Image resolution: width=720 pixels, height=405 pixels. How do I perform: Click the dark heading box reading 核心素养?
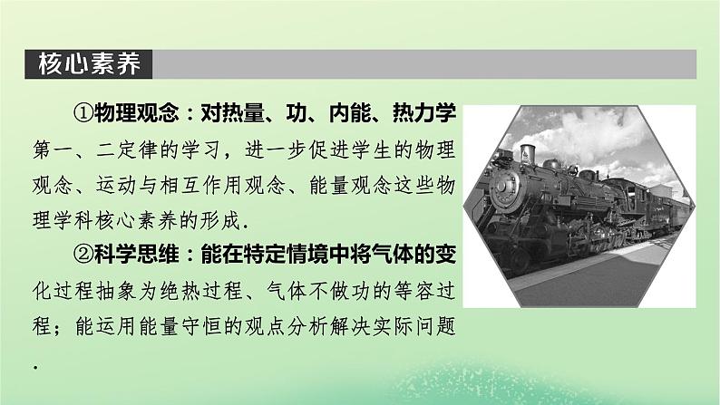coord(89,64)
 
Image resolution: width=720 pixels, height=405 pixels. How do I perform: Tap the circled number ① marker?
coord(83,113)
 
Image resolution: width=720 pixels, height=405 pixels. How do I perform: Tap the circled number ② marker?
coord(83,255)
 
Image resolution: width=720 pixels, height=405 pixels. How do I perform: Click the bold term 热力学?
coord(424,113)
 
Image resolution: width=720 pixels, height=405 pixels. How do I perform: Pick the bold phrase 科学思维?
coord(136,255)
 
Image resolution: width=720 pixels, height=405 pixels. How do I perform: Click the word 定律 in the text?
coord(138,150)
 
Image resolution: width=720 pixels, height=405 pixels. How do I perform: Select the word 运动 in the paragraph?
coord(116,186)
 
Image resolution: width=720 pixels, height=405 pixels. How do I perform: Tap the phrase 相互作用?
coord(201,186)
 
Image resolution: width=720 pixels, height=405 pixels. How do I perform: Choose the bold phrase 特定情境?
coord(286,255)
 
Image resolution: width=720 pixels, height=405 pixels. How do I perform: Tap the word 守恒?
coord(201,326)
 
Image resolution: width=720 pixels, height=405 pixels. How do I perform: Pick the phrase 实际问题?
coord(414,326)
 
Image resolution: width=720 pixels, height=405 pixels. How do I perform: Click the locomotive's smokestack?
coord(528,155)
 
